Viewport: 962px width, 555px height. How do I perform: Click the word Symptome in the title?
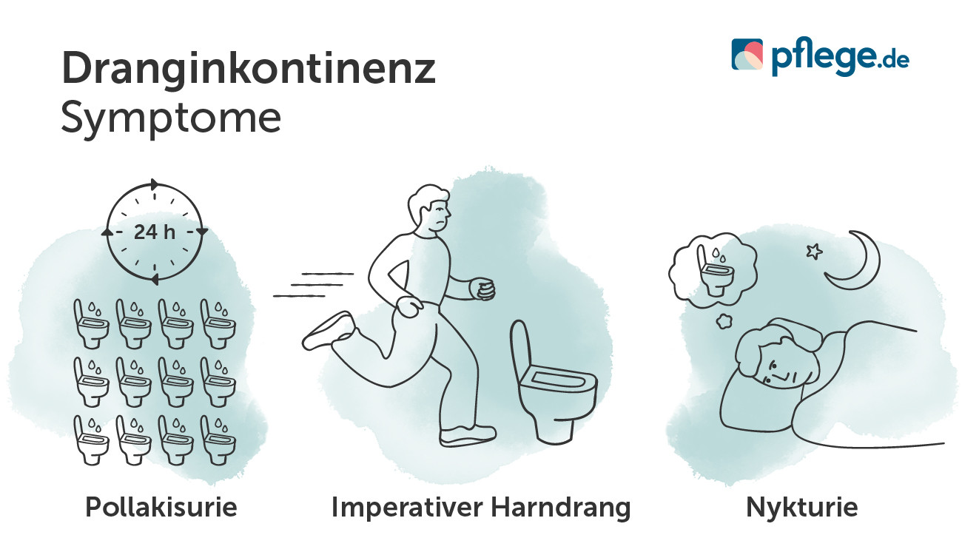tap(171, 118)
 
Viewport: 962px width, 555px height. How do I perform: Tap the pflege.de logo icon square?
tap(747, 55)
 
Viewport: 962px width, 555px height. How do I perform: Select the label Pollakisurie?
tap(161, 507)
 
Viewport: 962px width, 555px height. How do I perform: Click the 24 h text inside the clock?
tap(155, 232)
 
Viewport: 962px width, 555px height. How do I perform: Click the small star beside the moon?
tap(814, 252)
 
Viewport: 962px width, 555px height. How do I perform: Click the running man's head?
tap(429, 209)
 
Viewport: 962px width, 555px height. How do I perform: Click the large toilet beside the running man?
tap(552, 383)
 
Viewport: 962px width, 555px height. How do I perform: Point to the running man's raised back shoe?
tap(327, 331)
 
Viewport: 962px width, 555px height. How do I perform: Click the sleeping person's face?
tap(777, 369)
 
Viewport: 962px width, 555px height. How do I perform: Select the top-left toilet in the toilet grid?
tap(91, 324)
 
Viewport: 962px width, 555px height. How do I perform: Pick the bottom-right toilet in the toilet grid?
tap(218, 440)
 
